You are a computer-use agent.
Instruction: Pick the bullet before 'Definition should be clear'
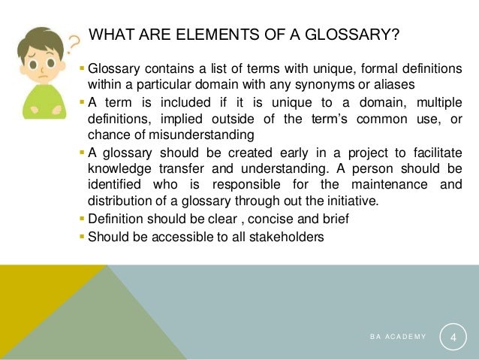[x=83, y=219]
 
